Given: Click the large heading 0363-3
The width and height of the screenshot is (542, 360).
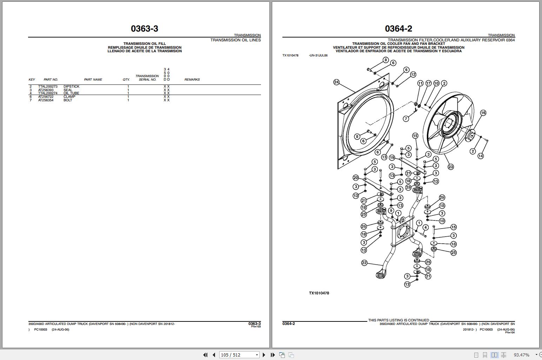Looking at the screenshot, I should [x=144, y=29].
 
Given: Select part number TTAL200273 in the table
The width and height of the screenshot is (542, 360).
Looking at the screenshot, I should [x=48, y=87].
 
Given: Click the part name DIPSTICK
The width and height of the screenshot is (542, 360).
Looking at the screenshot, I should [x=71, y=87].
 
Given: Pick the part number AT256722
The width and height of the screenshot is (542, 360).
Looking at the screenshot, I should [x=46, y=97].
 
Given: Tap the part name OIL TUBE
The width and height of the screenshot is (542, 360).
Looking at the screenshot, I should [x=71, y=93].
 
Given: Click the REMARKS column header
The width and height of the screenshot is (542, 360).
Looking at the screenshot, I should [x=192, y=80].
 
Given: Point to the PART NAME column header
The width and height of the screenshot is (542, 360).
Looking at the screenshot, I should [x=93, y=80].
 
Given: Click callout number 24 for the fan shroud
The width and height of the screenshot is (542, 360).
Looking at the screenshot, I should [x=336, y=82].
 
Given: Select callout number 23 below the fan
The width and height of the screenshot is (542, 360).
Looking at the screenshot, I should [x=450, y=167].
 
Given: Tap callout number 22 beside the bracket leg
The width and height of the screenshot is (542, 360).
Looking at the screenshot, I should [x=364, y=263].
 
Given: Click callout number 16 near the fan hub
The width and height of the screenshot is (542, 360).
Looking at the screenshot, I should [x=483, y=113].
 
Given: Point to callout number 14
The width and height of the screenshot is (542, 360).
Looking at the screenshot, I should [x=481, y=156].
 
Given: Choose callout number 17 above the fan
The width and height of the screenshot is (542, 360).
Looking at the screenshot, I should [x=428, y=83].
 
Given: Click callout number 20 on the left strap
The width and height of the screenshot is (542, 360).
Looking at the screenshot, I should [x=356, y=178].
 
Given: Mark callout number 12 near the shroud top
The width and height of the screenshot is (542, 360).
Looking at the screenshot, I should [x=413, y=74].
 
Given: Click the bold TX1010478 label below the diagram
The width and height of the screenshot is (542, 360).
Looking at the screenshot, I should [x=319, y=293].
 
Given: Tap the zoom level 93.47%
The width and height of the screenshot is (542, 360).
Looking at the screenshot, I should [x=521, y=355].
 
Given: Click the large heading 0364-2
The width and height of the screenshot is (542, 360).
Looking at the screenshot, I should [x=398, y=29].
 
